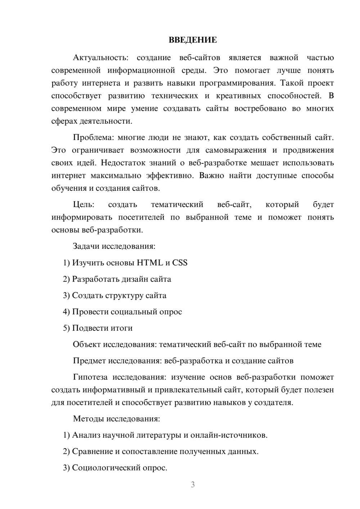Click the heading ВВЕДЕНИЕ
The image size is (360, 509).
pos(193,40)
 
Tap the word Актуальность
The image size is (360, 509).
pos(100,58)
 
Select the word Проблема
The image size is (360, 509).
pos(93,138)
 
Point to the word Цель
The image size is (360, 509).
pos(83,205)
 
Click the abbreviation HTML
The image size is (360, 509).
pos(150,263)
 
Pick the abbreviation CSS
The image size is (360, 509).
pos(180,263)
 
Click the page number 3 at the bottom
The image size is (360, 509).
pos(193,485)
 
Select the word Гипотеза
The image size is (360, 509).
pos(90,377)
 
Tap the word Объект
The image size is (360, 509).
pos(87,344)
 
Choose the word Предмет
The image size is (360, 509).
pos(89,361)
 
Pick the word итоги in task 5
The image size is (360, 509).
pos(122,328)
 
